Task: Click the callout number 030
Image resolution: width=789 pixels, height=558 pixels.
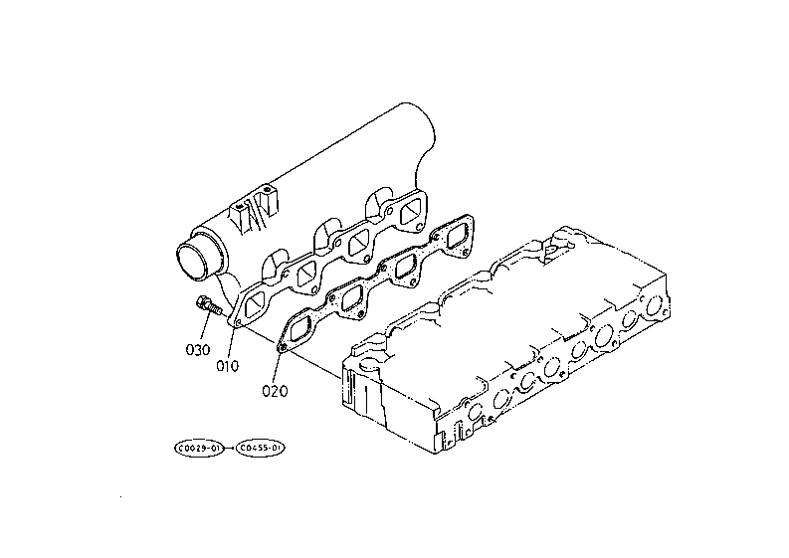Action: [x=197, y=349]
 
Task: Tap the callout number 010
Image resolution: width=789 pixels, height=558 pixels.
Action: [x=228, y=365]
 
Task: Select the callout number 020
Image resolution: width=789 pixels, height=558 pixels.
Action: [x=275, y=390]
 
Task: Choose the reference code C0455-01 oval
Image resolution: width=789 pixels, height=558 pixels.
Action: [x=262, y=450]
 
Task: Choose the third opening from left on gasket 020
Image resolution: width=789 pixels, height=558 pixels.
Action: [x=402, y=268]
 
